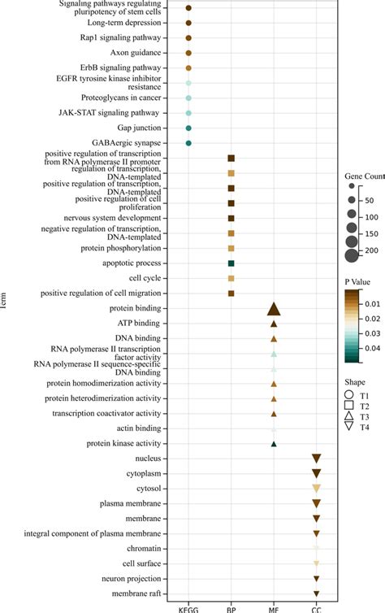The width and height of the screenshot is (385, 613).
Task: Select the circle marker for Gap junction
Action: (x=188, y=128)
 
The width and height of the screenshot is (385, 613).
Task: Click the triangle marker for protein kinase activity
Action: (x=274, y=443)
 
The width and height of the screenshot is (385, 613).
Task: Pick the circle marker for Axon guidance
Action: (x=188, y=53)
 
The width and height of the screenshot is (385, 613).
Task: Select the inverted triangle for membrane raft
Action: (x=317, y=593)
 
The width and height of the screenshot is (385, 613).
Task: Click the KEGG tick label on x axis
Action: (x=188, y=608)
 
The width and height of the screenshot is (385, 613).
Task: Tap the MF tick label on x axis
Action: (x=274, y=608)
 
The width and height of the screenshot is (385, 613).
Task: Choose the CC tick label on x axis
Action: (x=317, y=608)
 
